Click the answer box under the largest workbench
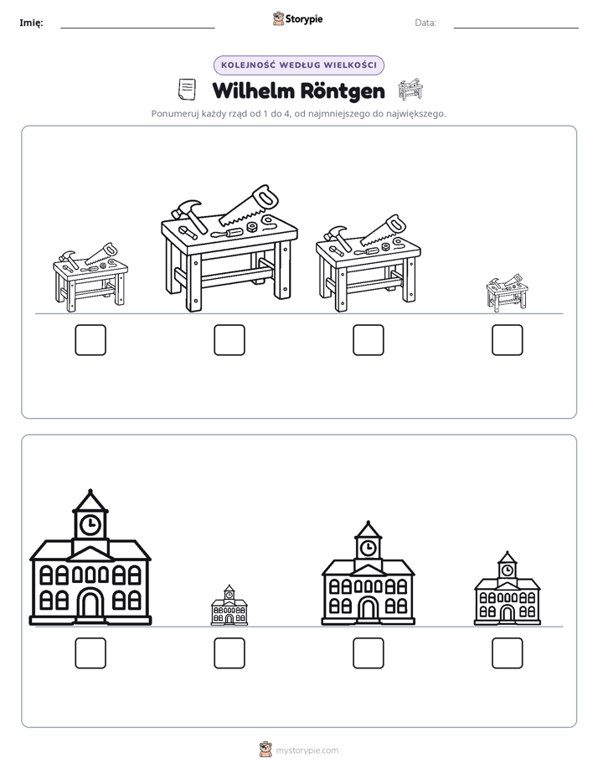tap(229, 340)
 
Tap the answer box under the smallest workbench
tap(508, 340)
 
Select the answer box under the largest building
tap(90, 653)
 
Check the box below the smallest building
tap(229, 653)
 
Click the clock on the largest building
tap(90, 524)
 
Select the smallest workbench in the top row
tap(507, 292)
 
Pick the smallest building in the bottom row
tap(229, 605)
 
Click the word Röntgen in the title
tap(343, 91)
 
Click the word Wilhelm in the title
tap(254, 91)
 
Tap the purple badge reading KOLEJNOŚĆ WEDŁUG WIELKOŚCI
tap(299, 65)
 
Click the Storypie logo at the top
tap(297, 19)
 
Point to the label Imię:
tap(31, 23)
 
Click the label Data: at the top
tap(425, 23)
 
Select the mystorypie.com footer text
tap(307, 751)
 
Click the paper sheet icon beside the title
tap(187, 90)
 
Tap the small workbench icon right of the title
tap(410, 90)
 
